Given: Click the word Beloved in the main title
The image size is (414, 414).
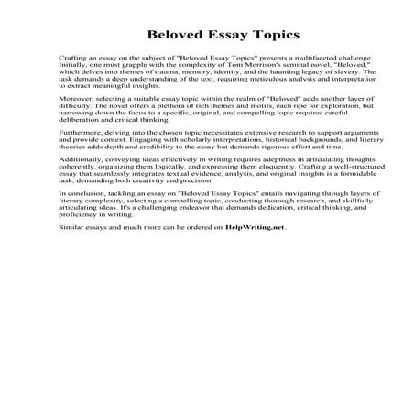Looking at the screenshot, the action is [166, 36].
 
